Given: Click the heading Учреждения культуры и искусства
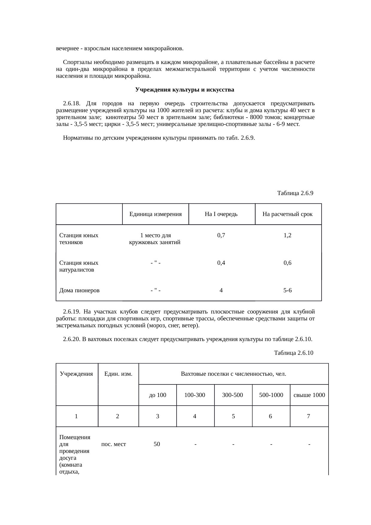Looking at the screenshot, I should click(185, 90).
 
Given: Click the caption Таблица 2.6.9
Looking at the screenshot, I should click(295, 193).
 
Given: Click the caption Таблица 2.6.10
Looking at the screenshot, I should click(294, 353).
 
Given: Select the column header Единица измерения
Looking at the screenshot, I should click(156, 214).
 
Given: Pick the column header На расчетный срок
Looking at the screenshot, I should click(288, 214).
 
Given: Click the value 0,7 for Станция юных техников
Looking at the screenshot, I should click(221, 235).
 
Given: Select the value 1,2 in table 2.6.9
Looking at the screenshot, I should click(288, 235).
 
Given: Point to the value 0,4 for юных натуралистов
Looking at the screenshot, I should click(221, 263).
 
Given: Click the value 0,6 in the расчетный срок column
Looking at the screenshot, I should click(288, 263).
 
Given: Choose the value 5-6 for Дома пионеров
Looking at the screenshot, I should click(288, 290).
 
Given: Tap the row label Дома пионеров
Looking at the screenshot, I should click(80, 290).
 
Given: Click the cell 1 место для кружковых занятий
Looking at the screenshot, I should click(155, 239).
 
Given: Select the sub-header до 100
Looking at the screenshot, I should click(158, 395).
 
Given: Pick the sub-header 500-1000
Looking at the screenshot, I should click(271, 395).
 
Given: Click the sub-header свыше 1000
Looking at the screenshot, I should click(309, 395).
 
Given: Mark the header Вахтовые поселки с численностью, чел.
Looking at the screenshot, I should click(233, 374).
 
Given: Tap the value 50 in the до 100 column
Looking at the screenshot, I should click(157, 444).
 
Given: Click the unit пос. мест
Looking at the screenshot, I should click(114, 444).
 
